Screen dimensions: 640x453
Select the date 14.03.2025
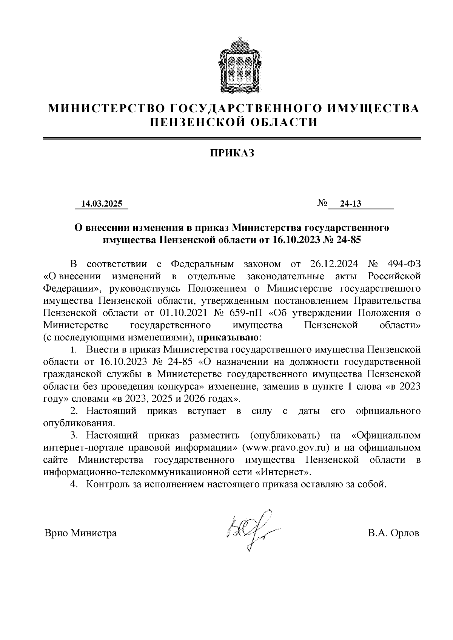(102, 204)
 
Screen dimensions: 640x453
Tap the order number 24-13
(351, 204)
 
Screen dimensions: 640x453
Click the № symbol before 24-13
(322, 204)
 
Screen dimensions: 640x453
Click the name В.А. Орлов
(393, 533)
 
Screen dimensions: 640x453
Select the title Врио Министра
(80, 533)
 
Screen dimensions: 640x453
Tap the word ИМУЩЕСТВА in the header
(373, 109)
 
